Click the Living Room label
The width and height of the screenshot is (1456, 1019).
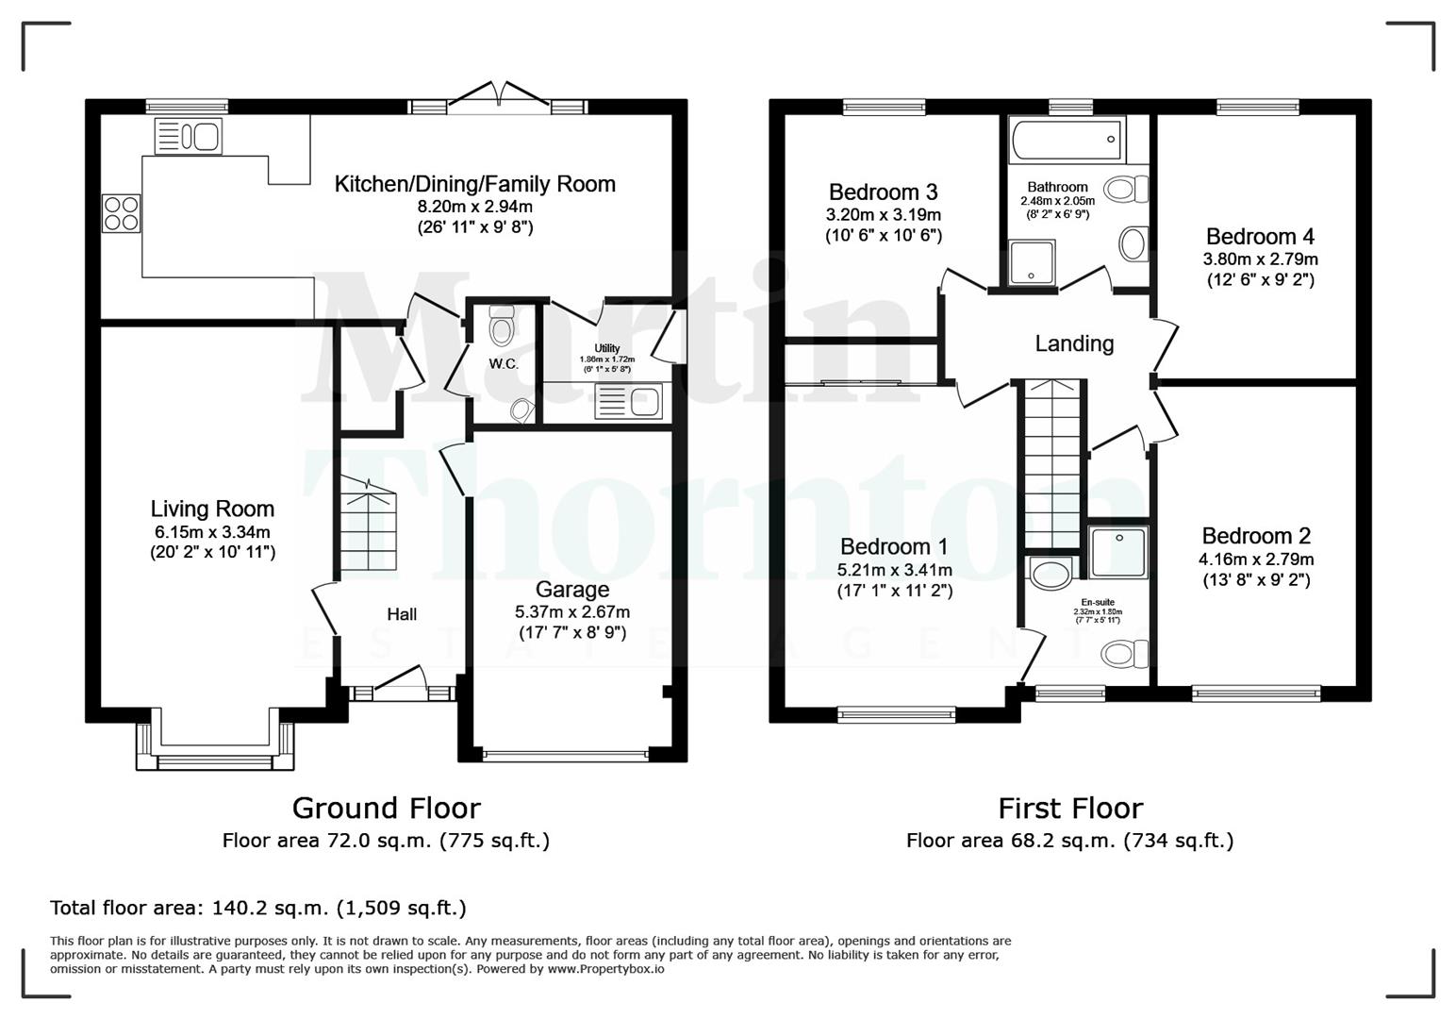tap(212, 509)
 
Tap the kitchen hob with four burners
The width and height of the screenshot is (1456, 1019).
tap(121, 212)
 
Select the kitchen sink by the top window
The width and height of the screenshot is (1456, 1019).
tap(188, 136)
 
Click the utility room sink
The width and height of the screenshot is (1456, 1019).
tap(629, 402)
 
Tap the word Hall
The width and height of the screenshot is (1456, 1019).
tap(402, 614)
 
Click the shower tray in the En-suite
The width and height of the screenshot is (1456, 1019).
tap(1118, 552)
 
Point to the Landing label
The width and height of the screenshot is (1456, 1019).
tap(1074, 343)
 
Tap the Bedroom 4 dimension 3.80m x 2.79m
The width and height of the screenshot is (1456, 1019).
tap(1260, 259)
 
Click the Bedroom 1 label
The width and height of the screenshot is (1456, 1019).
tap(894, 546)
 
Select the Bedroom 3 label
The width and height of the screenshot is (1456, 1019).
tap(883, 192)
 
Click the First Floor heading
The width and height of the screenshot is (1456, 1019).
tap(1069, 809)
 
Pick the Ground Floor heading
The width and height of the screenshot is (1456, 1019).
tap(386, 809)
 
